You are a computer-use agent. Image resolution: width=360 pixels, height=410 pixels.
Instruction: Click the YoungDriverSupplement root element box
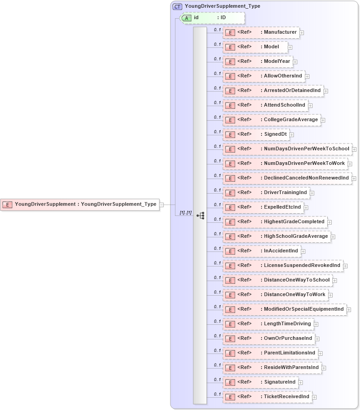pyautogui.click(x=79, y=205)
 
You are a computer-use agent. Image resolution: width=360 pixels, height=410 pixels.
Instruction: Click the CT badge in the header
pyautogui.click(x=177, y=6)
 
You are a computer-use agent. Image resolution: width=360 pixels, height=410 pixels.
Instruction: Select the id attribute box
pyautogui.click(x=213, y=18)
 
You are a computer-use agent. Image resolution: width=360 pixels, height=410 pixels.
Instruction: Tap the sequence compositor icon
pyautogui.click(x=200, y=215)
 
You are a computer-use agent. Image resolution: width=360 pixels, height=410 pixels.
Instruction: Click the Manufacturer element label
pyautogui.click(x=280, y=32)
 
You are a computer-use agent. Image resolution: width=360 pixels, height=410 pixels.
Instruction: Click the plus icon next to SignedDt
pyautogui.click(x=292, y=134)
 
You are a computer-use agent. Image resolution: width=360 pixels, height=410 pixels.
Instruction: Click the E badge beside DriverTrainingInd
pyautogui.click(x=230, y=193)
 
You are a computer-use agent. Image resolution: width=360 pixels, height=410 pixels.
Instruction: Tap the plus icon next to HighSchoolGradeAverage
pyautogui.click(x=333, y=237)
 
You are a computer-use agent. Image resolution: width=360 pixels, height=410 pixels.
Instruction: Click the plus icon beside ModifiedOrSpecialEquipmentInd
pyautogui.click(x=349, y=310)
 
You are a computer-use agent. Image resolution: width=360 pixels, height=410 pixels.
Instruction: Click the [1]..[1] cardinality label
pyautogui.click(x=185, y=213)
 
